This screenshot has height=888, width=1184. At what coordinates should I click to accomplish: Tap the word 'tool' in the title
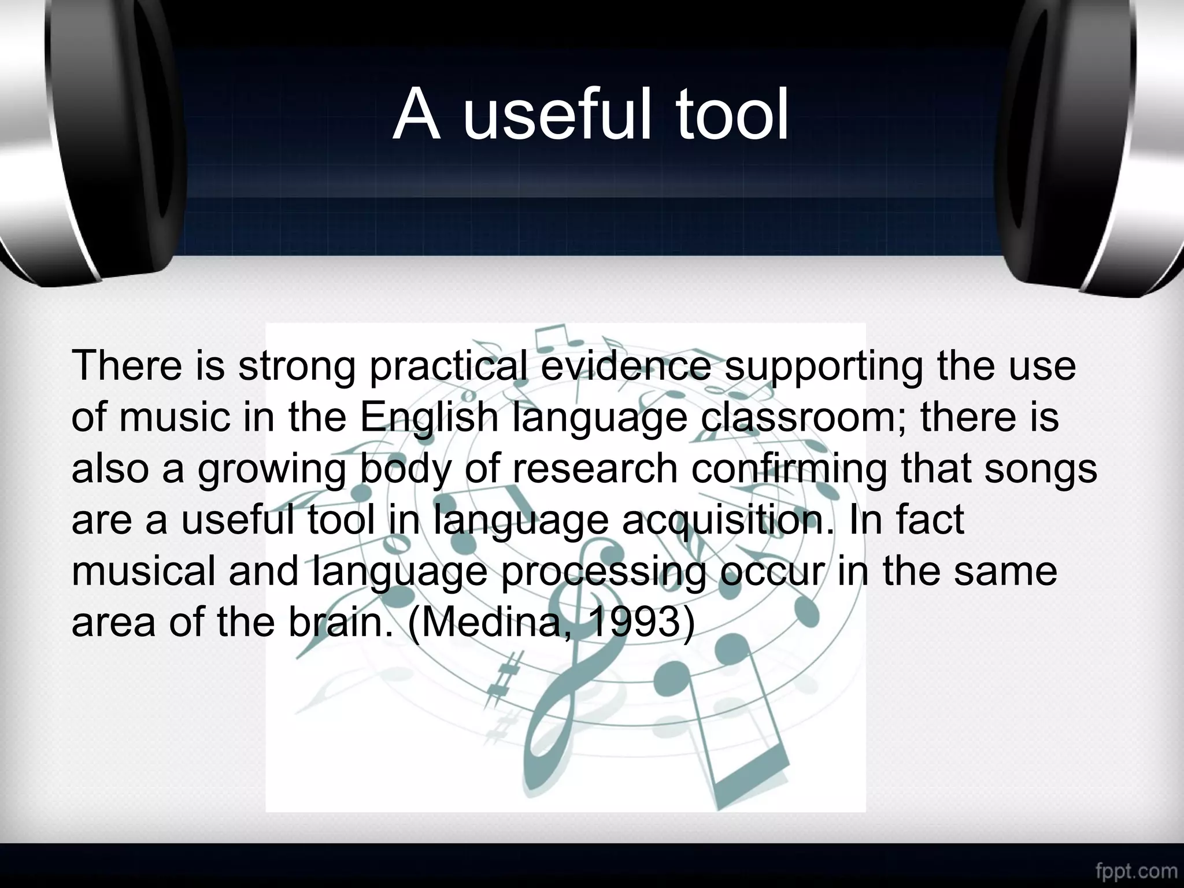732,115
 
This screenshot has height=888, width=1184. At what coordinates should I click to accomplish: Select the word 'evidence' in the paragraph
626,366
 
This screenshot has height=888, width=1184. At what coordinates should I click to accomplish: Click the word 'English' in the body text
428,418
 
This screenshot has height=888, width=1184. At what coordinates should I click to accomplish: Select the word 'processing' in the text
603,572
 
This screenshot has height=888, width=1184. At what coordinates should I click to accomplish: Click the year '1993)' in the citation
642,622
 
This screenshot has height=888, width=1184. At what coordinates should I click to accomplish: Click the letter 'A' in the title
415,115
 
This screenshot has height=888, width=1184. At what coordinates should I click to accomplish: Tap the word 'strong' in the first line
297,367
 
